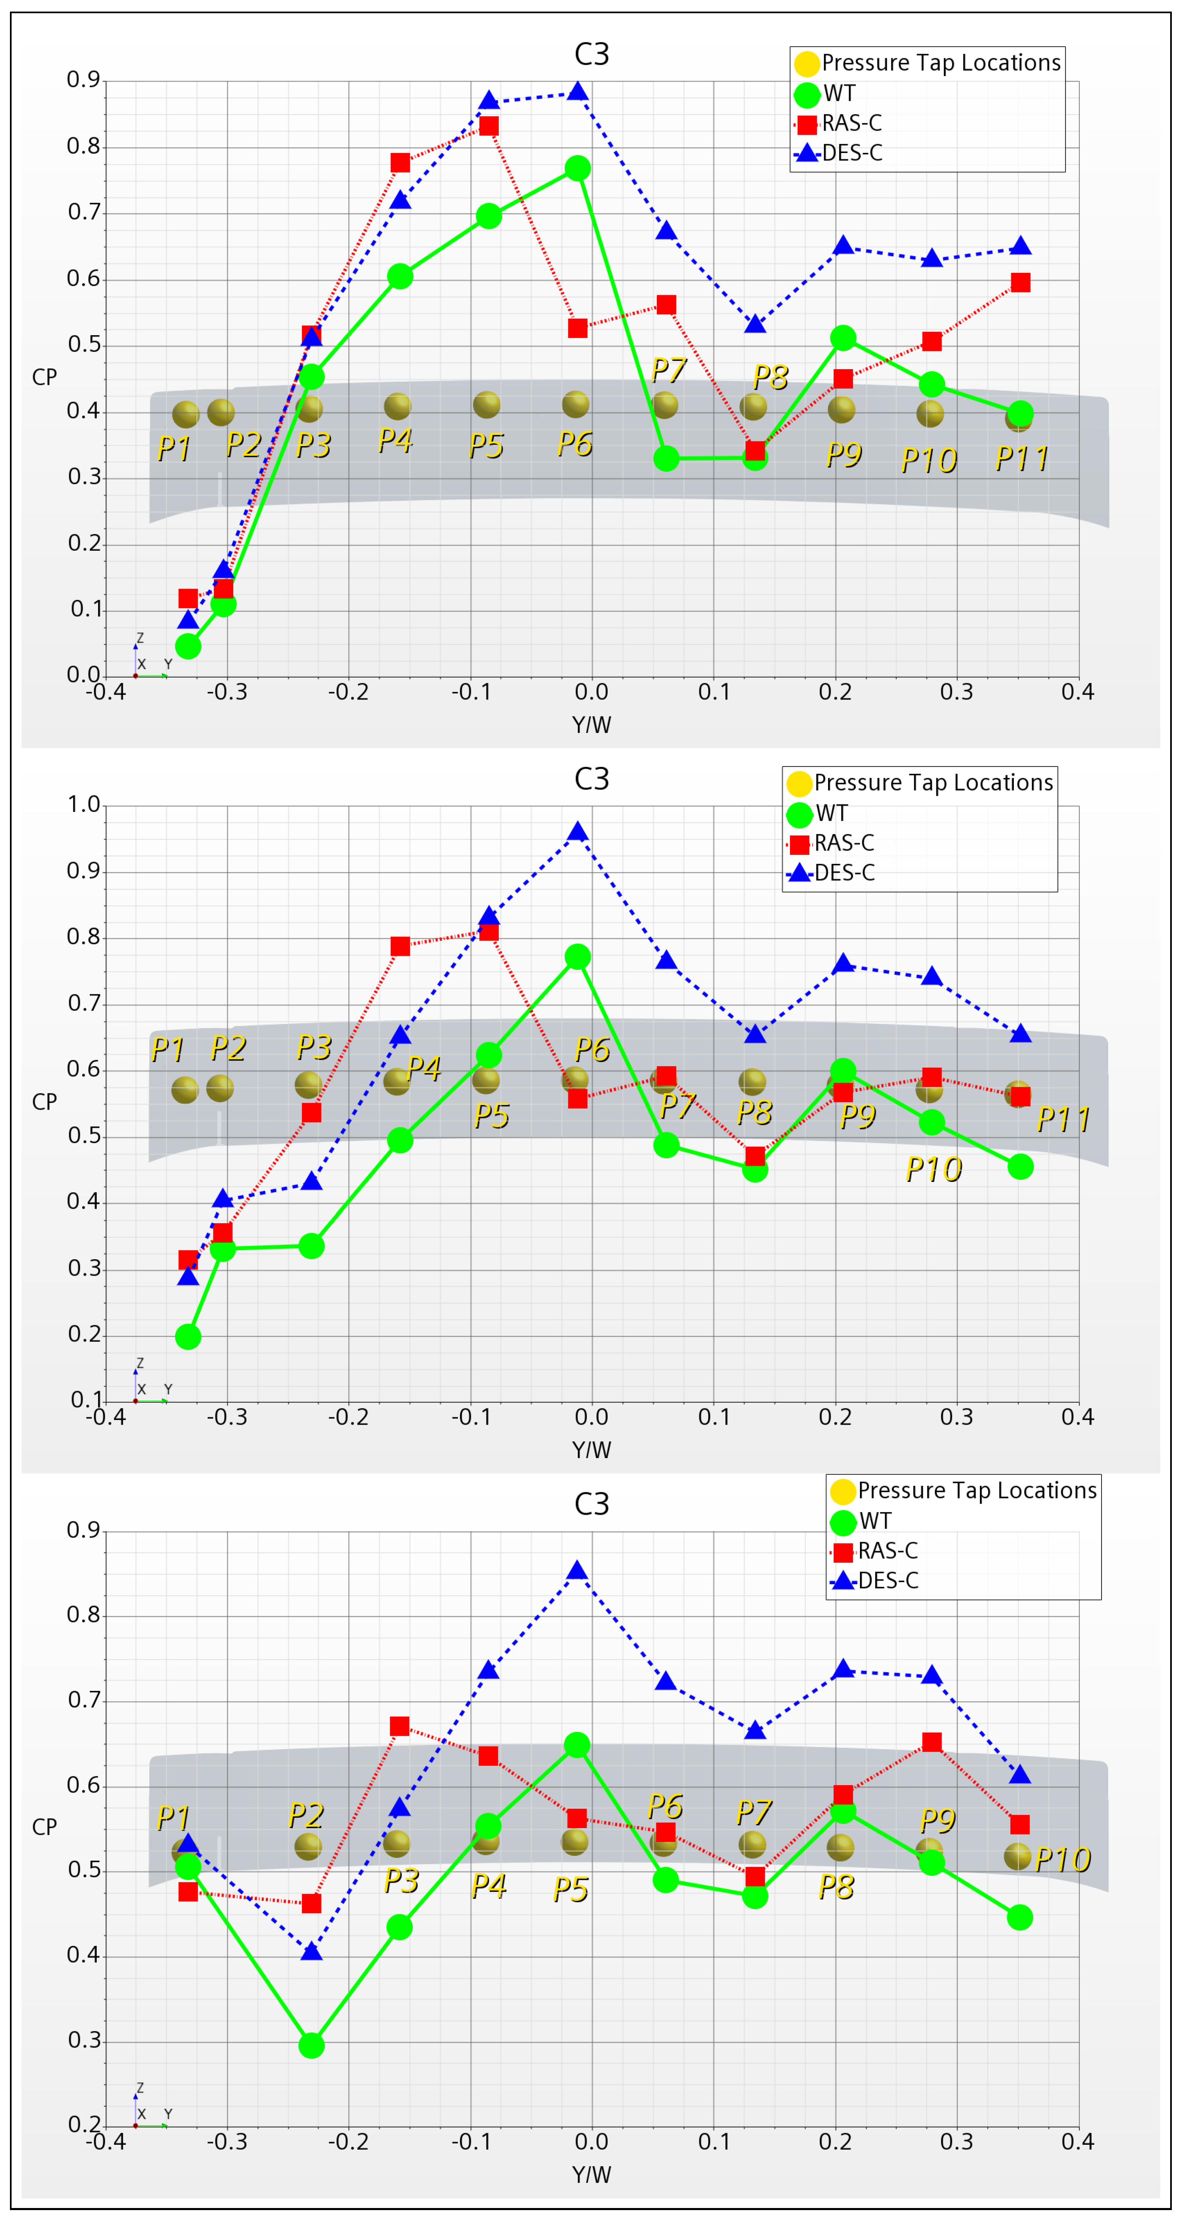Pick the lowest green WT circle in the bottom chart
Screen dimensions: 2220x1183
coord(311,2045)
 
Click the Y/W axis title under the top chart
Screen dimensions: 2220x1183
coord(591,725)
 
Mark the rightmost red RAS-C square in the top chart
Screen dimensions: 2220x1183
coord(1020,283)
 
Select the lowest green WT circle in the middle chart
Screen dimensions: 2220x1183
coord(188,1337)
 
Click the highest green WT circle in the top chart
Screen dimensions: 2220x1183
coord(578,168)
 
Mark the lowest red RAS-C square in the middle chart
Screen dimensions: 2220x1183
coord(188,1260)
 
